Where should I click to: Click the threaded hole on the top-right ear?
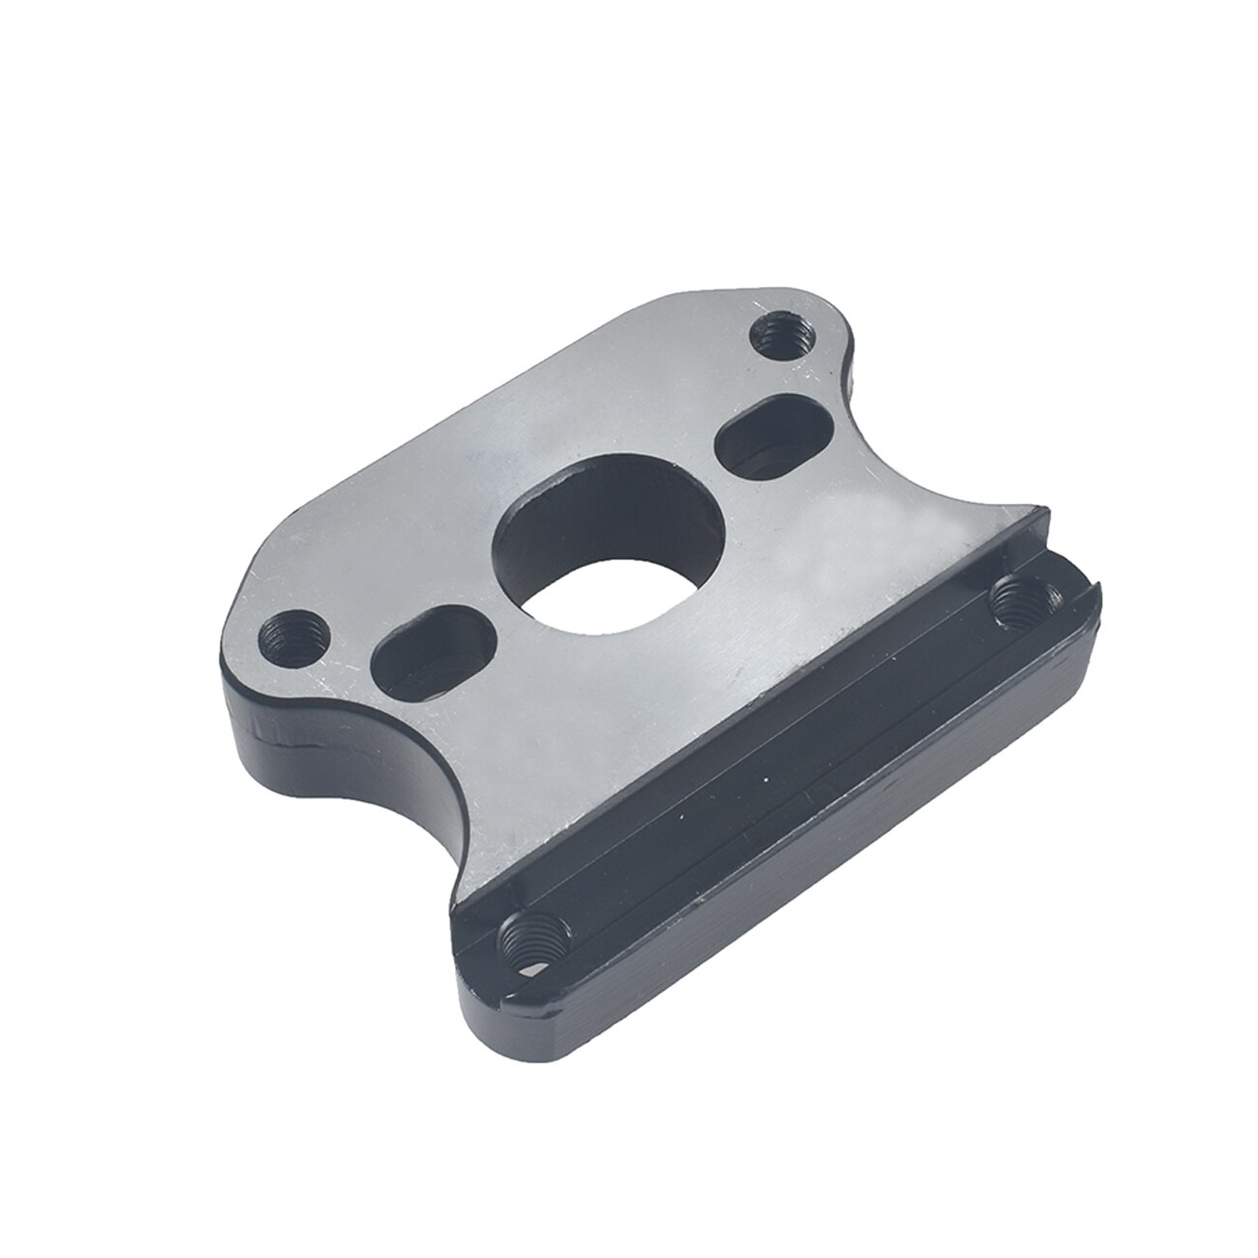(x=781, y=338)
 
